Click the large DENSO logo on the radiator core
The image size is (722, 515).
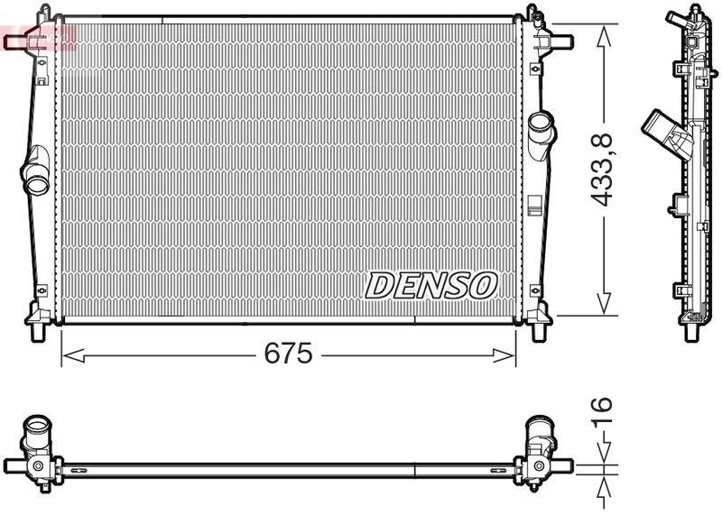click(x=431, y=286)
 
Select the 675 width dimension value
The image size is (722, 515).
click(x=288, y=354)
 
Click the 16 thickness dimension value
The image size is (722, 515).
click(x=603, y=410)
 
